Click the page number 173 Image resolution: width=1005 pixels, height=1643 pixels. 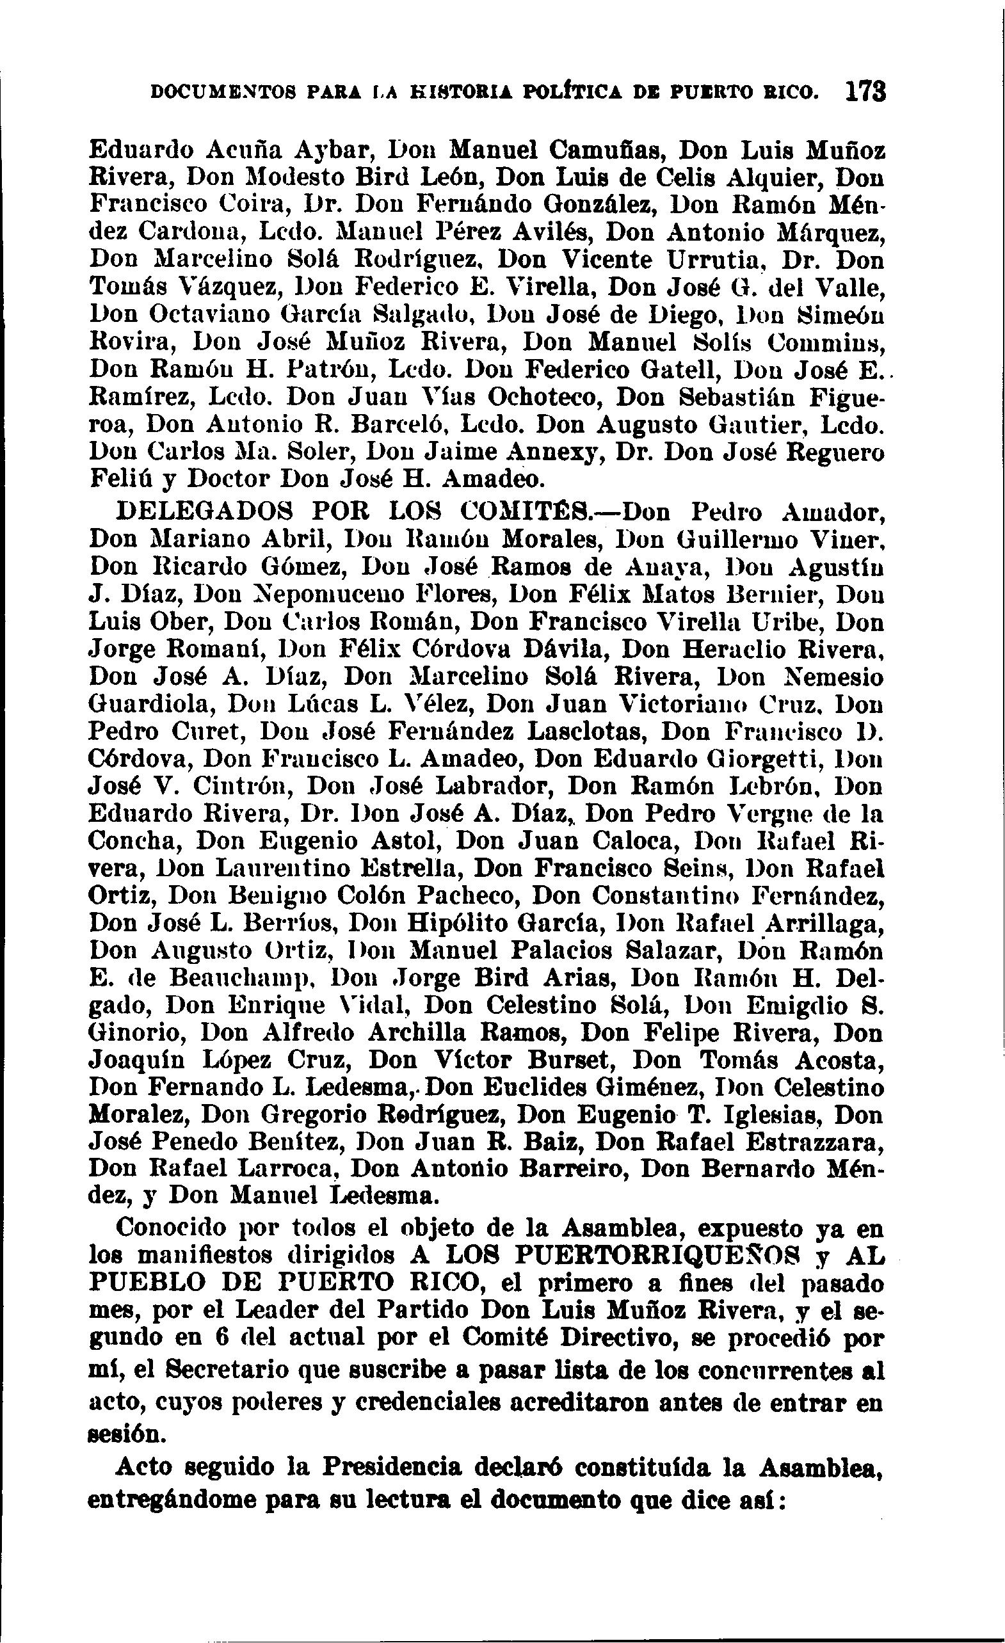click(865, 92)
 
